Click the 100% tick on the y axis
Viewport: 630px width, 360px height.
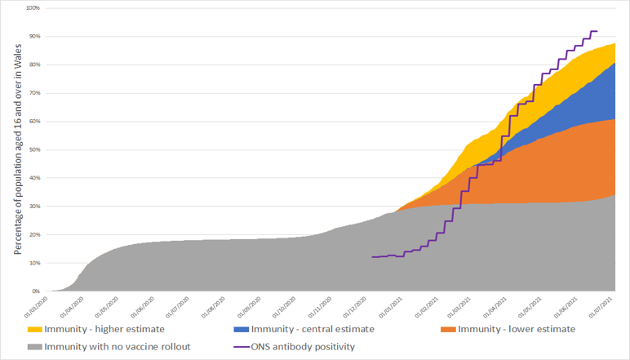[x=33, y=8]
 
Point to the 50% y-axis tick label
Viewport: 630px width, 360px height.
[x=35, y=149]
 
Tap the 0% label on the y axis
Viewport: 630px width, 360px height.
[x=37, y=291]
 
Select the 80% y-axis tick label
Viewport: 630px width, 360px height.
[x=35, y=64]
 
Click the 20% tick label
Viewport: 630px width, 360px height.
[x=35, y=234]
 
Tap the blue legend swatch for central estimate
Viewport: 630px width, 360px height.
[x=239, y=329]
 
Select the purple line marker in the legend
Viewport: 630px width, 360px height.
[x=239, y=347]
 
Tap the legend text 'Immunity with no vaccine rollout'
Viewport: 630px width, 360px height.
[x=117, y=347]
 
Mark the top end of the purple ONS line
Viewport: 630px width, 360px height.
[x=597, y=31]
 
